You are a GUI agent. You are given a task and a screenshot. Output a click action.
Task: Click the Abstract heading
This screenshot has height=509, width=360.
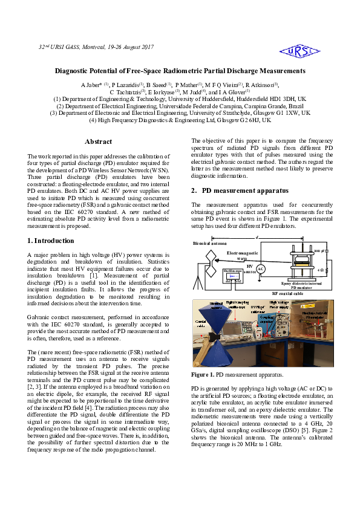(98, 141)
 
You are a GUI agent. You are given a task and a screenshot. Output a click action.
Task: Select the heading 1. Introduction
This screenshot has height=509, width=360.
(51, 240)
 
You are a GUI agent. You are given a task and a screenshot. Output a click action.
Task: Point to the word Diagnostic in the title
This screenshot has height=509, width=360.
(74, 71)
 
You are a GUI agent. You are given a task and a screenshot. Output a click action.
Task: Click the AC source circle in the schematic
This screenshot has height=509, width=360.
(261, 268)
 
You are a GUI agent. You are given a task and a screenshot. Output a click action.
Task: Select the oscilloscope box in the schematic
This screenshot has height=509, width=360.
(234, 276)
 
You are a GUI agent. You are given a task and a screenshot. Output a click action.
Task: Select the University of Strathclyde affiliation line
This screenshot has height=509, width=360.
(180, 112)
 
